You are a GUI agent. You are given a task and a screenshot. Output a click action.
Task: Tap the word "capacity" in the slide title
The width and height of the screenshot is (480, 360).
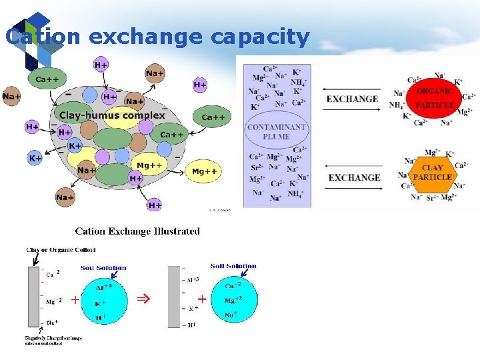point(260,37)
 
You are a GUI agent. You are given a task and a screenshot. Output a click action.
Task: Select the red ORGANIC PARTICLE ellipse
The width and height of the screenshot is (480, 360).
point(434,98)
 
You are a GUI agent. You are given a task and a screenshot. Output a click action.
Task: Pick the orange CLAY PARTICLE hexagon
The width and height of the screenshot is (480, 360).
point(432,173)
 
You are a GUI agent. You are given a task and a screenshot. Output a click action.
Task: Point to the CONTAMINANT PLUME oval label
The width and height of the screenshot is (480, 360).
point(276,131)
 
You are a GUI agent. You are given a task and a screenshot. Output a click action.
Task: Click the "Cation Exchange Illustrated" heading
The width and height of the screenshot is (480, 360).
point(137,231)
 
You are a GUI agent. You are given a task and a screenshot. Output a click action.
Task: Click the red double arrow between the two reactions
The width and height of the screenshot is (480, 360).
point(143,299)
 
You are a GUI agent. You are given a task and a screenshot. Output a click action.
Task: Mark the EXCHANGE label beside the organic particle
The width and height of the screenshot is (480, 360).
point(352,99)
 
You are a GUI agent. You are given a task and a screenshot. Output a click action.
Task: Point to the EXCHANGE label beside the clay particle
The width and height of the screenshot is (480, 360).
point(354,177)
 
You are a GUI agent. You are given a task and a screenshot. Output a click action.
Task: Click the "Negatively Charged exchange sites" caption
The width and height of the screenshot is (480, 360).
point(53,340)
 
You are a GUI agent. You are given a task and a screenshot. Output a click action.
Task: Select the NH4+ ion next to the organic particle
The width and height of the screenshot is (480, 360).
point(397,105)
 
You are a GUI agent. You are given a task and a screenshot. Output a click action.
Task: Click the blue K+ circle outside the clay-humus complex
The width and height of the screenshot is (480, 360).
point(35,159)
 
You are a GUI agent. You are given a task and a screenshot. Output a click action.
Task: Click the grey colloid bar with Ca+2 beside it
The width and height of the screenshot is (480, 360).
point(33,296)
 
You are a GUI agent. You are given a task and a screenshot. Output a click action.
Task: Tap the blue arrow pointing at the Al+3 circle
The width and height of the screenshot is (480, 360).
point(119,273)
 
